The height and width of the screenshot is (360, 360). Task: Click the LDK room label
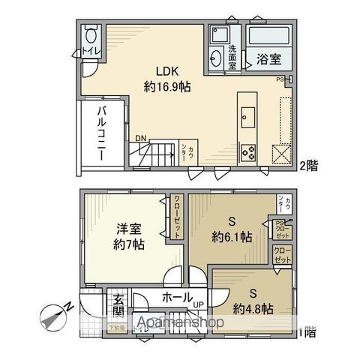tap(167, 72)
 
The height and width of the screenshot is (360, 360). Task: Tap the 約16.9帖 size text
tap(167, 86)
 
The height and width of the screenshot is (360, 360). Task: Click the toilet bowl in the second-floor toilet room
tap(92, 35)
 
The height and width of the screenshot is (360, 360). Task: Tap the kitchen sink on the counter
tap(247, 117)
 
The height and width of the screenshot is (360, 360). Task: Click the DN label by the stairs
tap(141, 137)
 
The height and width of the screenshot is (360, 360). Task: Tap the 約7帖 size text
tap(129, 244)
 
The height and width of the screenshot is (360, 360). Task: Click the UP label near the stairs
tap(199, 305)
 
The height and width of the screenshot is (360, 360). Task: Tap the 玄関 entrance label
tap(118, 304)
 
